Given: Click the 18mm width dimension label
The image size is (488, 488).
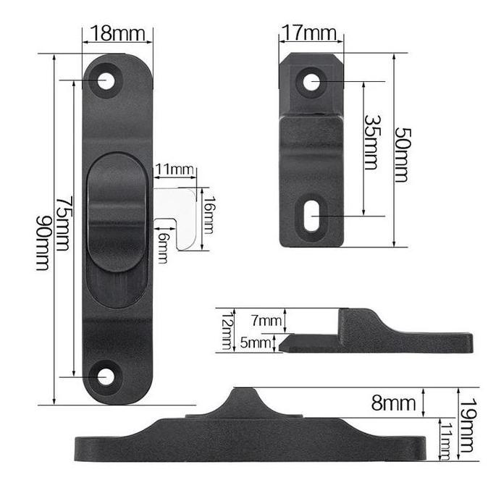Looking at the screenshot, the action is (118, 33).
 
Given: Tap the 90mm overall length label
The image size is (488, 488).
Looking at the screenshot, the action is (43, 243).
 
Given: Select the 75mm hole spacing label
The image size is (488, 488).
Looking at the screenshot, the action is (64, 223).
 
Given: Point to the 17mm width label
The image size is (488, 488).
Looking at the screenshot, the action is (309, 33).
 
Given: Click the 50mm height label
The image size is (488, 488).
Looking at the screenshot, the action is (403, 155).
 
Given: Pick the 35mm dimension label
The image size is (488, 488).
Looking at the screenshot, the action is (371, 142).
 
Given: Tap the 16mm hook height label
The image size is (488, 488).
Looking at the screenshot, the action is (208, 215).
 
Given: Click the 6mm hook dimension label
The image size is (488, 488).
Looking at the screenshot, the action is (163, 248).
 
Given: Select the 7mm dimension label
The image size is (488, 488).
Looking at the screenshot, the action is (266, 321).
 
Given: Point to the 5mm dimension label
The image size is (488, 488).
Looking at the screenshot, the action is (255, 342).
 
